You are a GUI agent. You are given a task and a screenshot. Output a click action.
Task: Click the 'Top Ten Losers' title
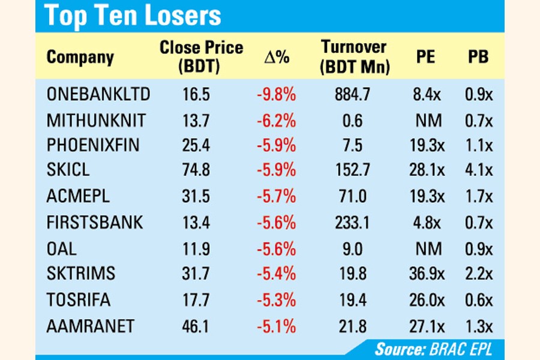(133, 16)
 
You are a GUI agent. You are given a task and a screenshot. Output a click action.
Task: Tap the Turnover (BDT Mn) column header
(353, 57)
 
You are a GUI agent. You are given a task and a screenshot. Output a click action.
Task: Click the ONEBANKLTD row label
(98, 95)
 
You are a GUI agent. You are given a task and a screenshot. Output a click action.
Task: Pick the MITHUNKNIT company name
(96, 120)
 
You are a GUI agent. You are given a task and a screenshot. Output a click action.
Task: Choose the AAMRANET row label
(91, 327)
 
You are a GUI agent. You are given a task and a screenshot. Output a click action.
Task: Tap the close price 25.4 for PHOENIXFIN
(196, 145)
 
